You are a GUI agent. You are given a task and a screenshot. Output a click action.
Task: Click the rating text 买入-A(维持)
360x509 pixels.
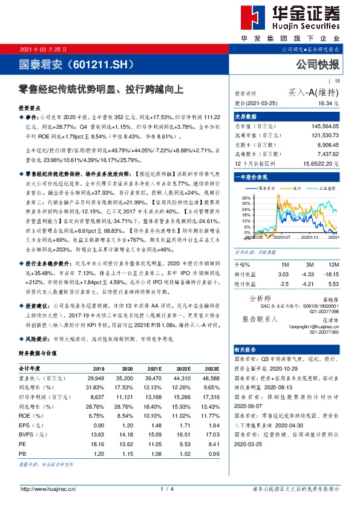[x=313, y=92]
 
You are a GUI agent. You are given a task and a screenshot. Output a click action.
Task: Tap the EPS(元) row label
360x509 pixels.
[x=29, y=426]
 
